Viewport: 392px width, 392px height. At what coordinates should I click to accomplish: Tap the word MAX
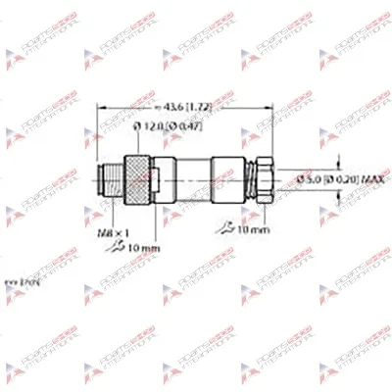tap(345, 177)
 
